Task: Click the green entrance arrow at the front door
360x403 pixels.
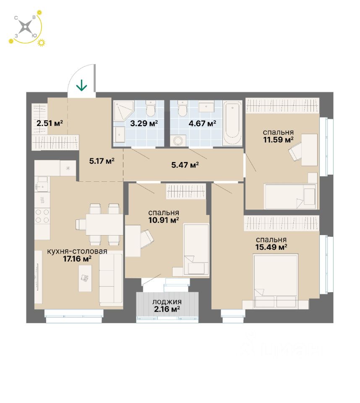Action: (x=81, y=86)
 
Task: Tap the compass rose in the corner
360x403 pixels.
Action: (x=26, y=28)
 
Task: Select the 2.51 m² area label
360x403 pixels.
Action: (x=50, y=123)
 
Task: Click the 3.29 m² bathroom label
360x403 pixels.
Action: (x=144, y=123)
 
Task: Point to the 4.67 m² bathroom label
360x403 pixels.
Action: (x=203, y=123)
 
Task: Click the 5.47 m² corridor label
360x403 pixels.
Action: (x=185, y=165)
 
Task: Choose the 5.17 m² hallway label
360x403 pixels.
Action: (x=102, y=160)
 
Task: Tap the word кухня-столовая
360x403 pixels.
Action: (x=77, y=251)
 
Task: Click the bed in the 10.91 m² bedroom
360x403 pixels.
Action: (x=196, y=249)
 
